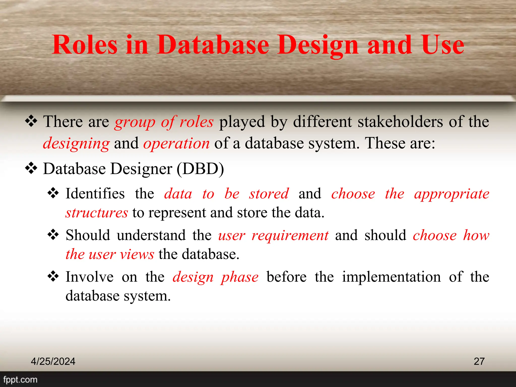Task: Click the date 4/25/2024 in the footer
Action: click(x=53, y=361)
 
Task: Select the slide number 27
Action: click(x=479, y=361)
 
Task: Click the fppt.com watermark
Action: click(x=20, y=379)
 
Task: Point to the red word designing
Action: click(x=76, y=144)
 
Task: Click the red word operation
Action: click(x=176, y=144)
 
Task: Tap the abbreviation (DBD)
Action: click(x=200, y=169)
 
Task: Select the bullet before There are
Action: click(x=31, y=121)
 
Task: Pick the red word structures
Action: click(x=97, y=213)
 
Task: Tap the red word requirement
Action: click(x=290, y=235)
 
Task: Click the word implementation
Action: click(x=391, y=277)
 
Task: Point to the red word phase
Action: click(x=240, y=277)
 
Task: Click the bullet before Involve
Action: click(x=53, y=277)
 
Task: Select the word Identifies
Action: click(x=95, y=194)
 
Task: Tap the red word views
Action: click(x=137, y=254)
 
